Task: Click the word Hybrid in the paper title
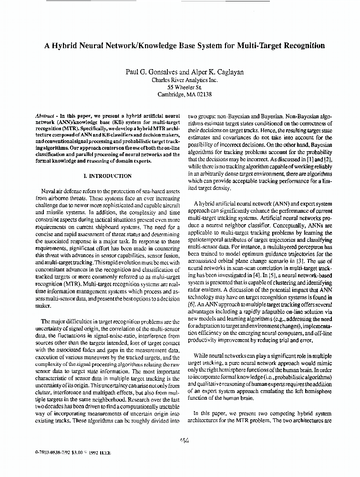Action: click(x=67, y=46)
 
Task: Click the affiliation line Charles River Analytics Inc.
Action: click(x=184, y=80)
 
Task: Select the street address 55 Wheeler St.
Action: click(x=184, y=87)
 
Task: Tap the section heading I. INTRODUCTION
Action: click(x=107, y=176)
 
